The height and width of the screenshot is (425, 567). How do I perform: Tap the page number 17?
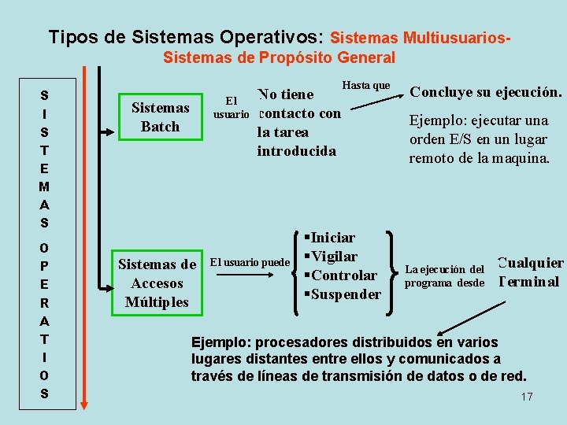click(527, 397)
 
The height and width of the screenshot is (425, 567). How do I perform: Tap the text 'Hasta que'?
click(367, 85)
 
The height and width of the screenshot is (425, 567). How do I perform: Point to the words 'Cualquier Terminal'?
click(531, 272)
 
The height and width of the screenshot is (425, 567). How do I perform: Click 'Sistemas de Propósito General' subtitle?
click(279, 57)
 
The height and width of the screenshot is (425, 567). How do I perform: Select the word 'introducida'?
click(296, 151)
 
